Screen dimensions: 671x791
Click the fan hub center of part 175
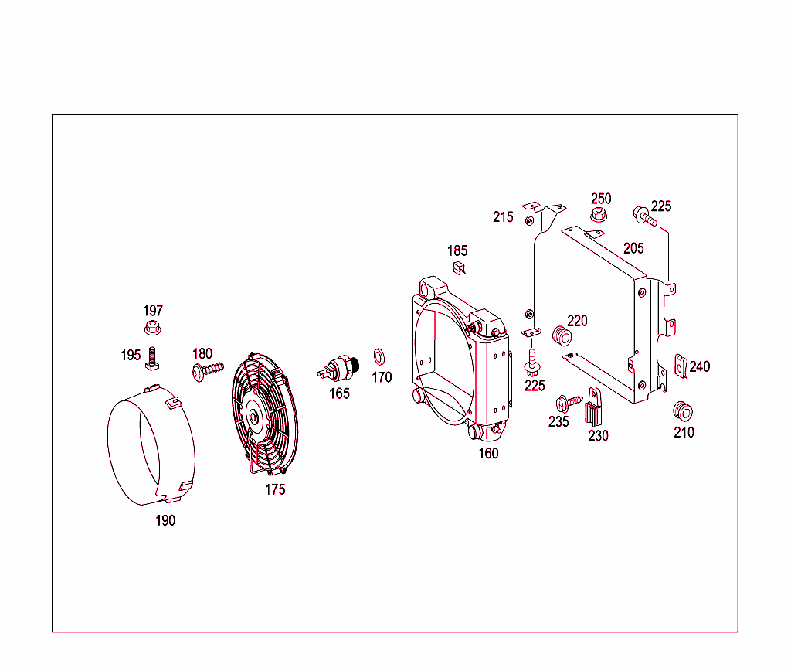pyautogui.click(x=253, y=415)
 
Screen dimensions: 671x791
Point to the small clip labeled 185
pyautogui.click(x=458, y=267)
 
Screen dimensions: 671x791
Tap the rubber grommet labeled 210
pyautogui.click(x=681, y=410)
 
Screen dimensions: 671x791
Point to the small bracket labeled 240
pyautogui.click(x=681, y=366)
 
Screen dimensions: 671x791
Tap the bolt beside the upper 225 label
pyautogui.click(x=644, y=216)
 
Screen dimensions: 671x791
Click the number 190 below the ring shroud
pyautogui.click(x=165, y=520)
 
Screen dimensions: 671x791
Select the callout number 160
pyautogui.click(x=488, y=453)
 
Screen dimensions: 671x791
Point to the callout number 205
pyautogui.click(x=633, y=248)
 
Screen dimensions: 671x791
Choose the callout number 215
pyautogui.click(x=503, y=216)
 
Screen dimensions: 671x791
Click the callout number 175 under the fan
pyautogui.click(x=275, y=489)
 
